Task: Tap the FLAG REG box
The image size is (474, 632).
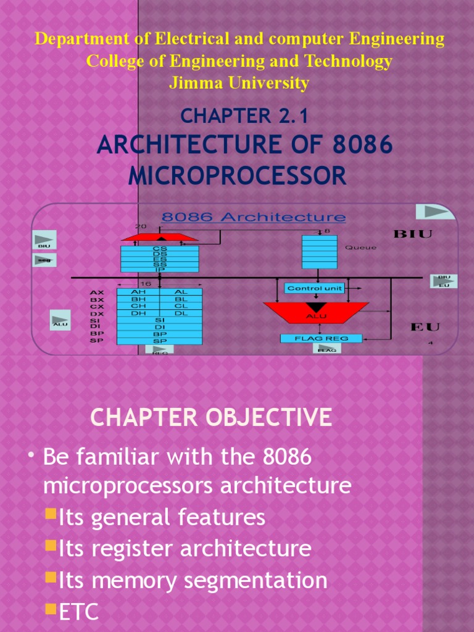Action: pos(321,338)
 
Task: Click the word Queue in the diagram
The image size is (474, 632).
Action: pos(360,247)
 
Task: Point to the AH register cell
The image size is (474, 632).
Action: pos(140,292)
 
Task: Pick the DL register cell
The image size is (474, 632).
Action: pos(181,313)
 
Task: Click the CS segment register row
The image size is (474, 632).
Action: pos(160,249)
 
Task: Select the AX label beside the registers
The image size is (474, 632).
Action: pos(97,292)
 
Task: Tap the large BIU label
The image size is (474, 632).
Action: pos(412,234)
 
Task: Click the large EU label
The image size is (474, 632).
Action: pos(425,326)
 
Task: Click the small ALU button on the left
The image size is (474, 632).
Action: pos(60,320)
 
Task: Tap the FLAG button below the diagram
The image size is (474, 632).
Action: pos(326,349)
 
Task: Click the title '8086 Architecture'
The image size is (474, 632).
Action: pos(254,217)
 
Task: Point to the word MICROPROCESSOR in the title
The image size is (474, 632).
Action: pos(238,176)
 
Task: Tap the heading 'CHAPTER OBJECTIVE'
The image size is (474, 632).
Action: pos(211,418)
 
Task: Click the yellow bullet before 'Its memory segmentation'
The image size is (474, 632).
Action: pos(52,578)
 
